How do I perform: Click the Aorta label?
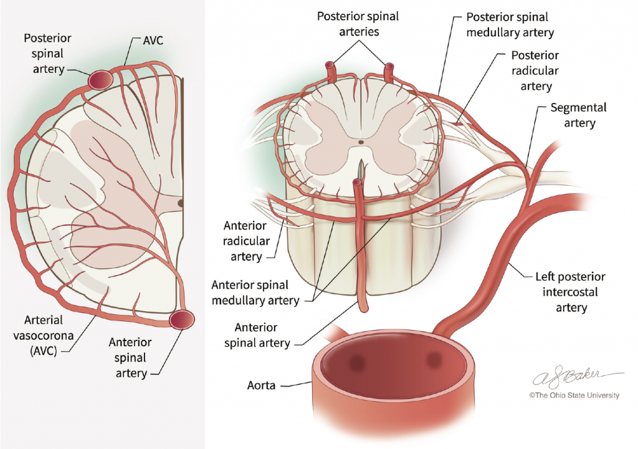(261, 385)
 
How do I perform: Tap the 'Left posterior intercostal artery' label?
(571, 292)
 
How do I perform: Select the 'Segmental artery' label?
(579, 115)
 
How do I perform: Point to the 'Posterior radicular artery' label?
(535, 70)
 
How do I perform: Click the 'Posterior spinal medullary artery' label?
(510, 24)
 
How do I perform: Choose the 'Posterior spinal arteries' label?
(358, 24)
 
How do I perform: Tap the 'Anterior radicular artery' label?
(246, 241)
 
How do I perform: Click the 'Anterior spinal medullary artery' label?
(255, 292)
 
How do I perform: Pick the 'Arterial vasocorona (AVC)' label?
(44, 336)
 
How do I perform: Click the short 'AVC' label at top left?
(153, 41)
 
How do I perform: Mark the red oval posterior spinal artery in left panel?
(100, 80)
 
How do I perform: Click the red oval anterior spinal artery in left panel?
(182, 319)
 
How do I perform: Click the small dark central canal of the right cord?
(361, 142)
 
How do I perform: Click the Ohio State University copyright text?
(574, 395)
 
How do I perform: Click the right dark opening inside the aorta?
(434, 360)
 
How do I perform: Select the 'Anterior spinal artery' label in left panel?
(130, 357)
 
